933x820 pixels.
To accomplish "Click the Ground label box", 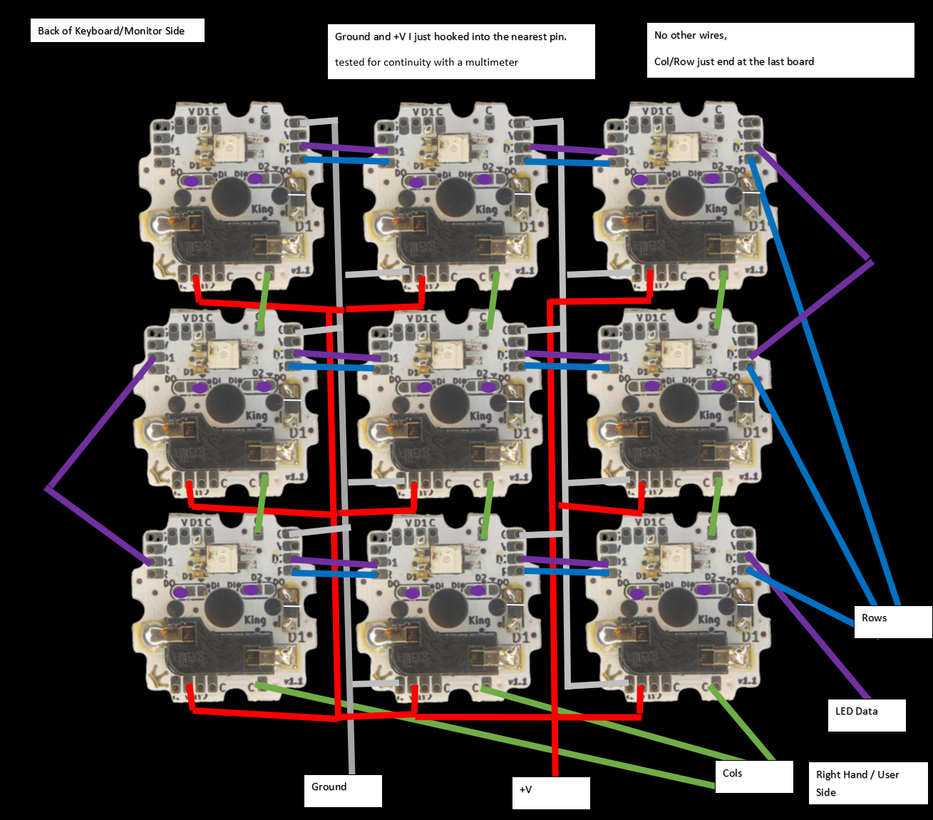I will pyautogui.click(x=343, y=790).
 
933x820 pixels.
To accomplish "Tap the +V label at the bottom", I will pyautogui.click(x=550, y=792).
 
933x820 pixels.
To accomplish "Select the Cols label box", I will pyautogui.click(x=753, y=776).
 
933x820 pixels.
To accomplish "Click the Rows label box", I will pyautogui.click(x=892, y=621).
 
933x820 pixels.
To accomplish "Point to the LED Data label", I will pyautogui.click(x=866, y=714).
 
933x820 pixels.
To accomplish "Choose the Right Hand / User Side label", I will pyautogui.click(x=867, y=783).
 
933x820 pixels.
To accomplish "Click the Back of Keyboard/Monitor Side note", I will pyautogui.click(x=117, y=31).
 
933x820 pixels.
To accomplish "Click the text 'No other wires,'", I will pyautogui.click(x=691, y=35).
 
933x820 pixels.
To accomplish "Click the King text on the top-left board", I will pyautogui.click(x=262, y=208).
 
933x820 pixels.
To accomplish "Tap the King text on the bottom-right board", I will pyautogui.click(x=708, y=619).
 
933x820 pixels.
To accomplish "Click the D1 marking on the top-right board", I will pyautogui.click(x=758, y=225).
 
